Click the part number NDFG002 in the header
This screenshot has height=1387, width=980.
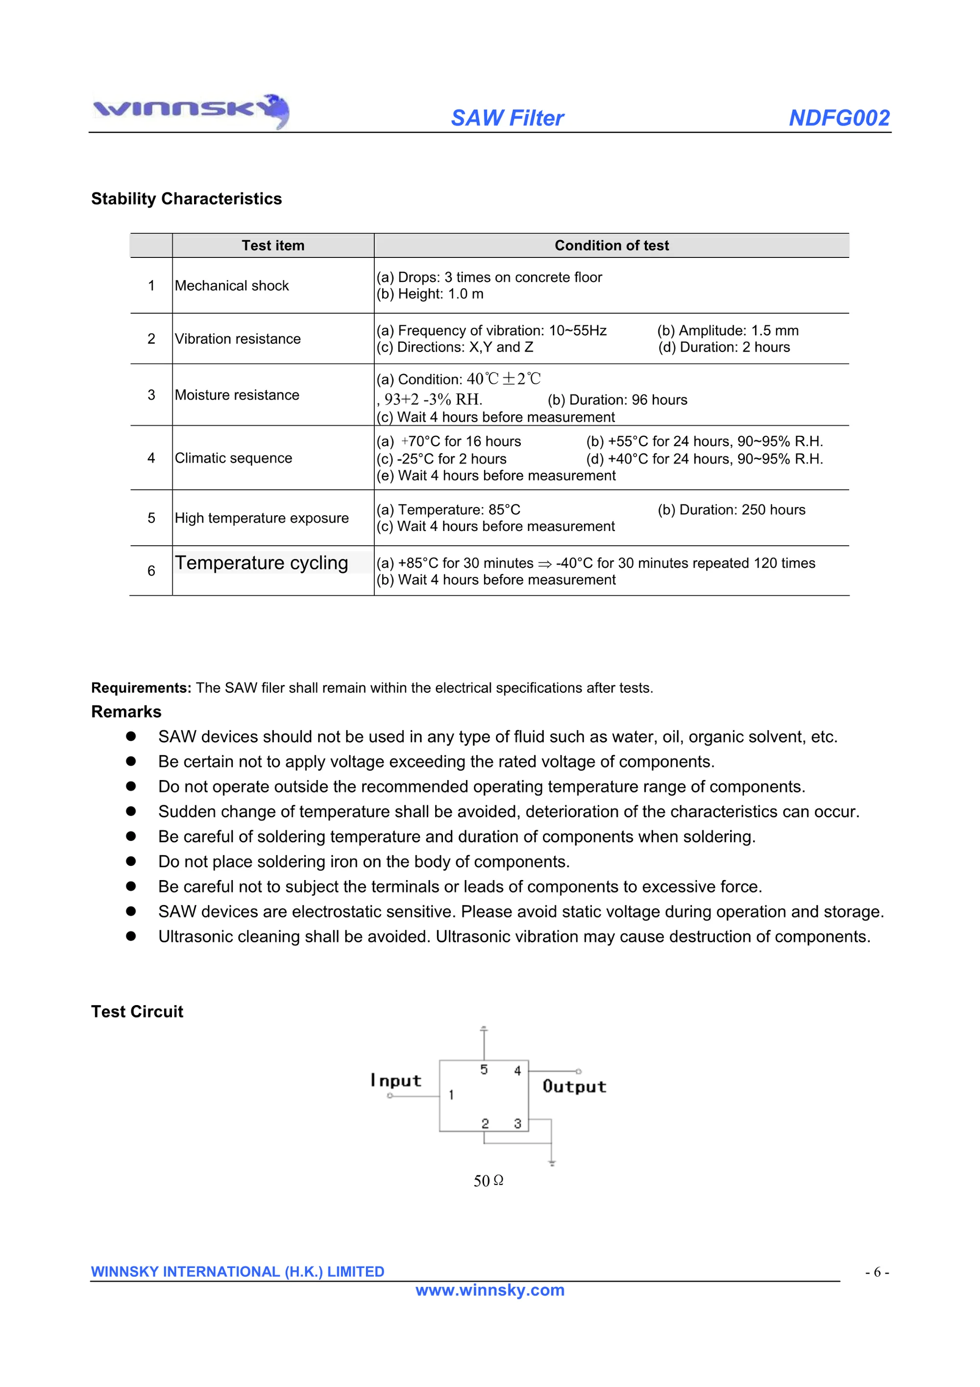(839, 118)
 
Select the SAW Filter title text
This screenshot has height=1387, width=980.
(507, 118)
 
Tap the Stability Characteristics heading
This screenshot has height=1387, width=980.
(186, 199)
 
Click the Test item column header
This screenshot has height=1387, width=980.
(273, 245)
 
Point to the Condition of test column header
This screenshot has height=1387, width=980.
(611, 245)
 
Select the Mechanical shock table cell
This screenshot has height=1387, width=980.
(232, 286)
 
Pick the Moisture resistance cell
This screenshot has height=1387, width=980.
(237, 395)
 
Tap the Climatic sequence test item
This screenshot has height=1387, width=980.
(233, 458)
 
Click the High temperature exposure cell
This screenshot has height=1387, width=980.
(262, 518)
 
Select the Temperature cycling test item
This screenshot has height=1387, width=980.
(262, 563)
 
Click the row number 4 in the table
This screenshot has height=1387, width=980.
(151, 458)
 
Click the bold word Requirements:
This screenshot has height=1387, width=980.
(141, 688)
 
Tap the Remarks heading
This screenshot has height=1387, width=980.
(126, 711)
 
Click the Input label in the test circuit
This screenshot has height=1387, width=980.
(396, 1081)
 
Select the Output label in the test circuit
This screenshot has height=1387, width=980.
(574, 1087)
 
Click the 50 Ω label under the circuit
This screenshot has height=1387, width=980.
(488, 1181)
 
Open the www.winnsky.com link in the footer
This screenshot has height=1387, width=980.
(490, 1290)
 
